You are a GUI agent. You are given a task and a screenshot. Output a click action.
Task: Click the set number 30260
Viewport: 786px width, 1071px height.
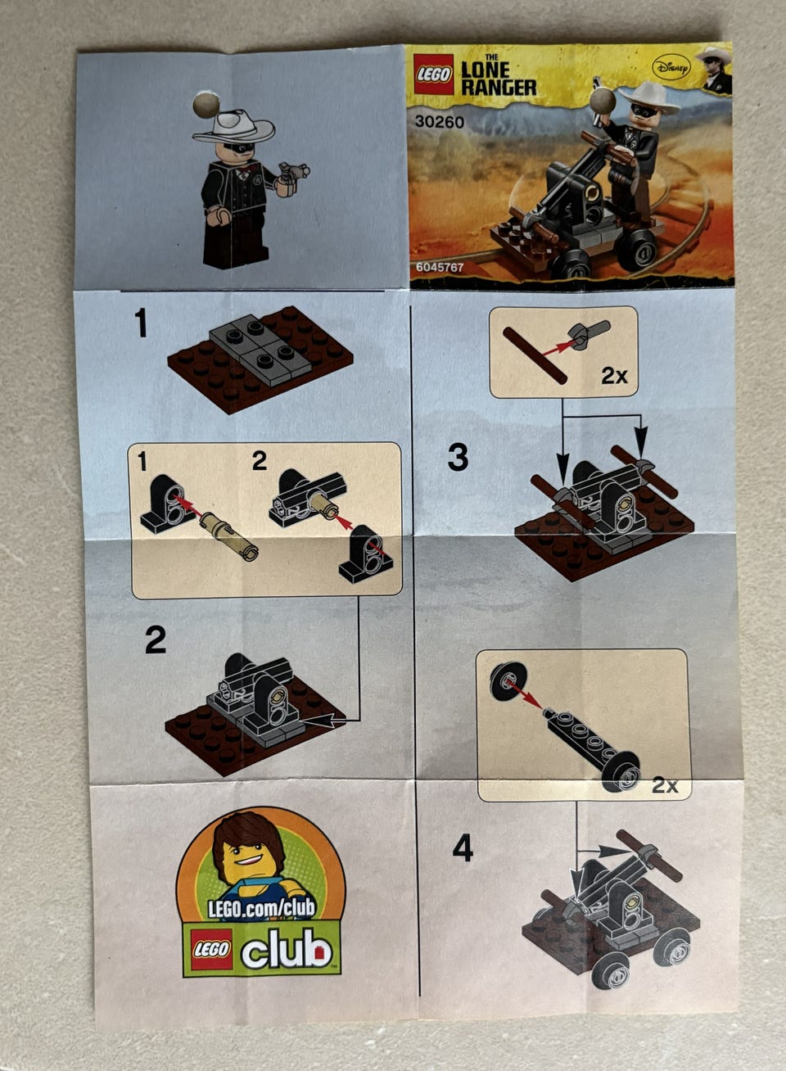click(x=440, y=122)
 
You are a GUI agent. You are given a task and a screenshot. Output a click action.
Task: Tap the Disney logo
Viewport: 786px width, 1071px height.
click(x=671, y=69)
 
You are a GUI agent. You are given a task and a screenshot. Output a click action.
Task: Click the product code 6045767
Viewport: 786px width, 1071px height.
click(x=440, y=267)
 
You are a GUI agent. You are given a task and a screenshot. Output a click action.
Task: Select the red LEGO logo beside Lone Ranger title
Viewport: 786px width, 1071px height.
click(x=433, y=75)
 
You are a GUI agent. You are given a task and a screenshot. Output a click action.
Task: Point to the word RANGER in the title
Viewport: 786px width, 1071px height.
click(x=499, y=87)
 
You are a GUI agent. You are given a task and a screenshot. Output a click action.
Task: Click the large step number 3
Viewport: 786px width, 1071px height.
click(x=458, y=457)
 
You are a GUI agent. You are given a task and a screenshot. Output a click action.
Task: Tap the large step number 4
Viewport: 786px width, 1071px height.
click(x=463, y=847)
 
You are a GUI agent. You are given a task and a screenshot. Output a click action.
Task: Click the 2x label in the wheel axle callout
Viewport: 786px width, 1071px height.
click(x=665, y=785)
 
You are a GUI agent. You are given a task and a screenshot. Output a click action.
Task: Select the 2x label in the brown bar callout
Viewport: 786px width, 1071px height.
click(x=614, y=377)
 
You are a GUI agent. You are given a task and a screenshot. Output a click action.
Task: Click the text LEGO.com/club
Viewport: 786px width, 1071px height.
click(x=261, y=909)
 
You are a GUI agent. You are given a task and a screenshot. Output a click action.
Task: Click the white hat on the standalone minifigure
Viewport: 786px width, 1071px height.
click(x=234, y=126)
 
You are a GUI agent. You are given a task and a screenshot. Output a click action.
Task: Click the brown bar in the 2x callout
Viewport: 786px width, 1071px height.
click(x=535, y=355)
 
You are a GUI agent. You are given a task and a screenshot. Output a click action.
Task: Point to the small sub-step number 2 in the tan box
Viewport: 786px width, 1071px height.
click(x=259, y=461)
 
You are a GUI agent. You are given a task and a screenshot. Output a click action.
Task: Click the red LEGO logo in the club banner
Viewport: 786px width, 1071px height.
click(x=211, y=949)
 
